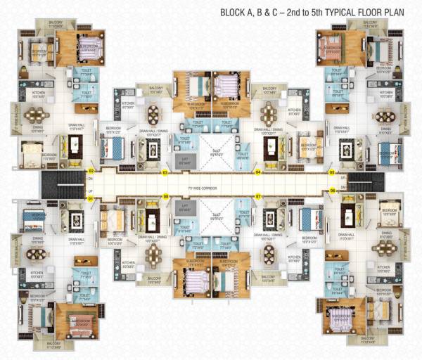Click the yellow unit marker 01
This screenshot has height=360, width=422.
[x=91, y=199]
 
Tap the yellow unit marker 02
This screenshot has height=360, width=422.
[x=91, y=171]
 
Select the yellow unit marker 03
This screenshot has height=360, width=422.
[x=165, y=172]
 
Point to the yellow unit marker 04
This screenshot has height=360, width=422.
[x=258, y=172]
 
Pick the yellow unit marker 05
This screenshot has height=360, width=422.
[x=332, y=172]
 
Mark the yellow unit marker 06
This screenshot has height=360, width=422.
[x=332, y=191]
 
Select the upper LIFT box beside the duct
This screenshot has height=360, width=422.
[x=184, y=160]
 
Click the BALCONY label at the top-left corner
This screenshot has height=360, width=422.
[x=55, y=24]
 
